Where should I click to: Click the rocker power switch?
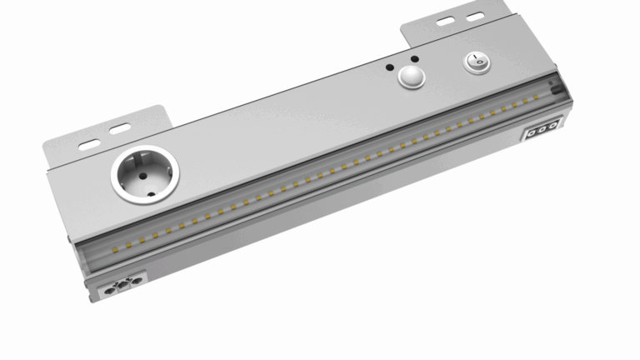click(x=475, y=62)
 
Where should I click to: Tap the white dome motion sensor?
click(x=410, y=78)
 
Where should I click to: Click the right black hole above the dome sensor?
click(x=410, y=60)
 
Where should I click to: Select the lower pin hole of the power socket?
click(x=151, y=191)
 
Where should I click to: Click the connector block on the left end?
click(x=120, y=288)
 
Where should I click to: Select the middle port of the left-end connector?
click(x=120, y=288)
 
